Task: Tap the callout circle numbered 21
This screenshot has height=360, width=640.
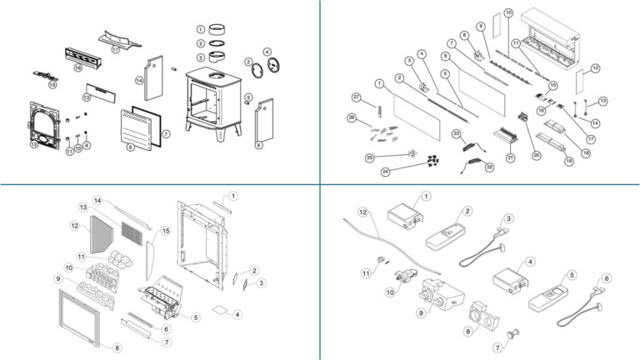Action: click(508, 157)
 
